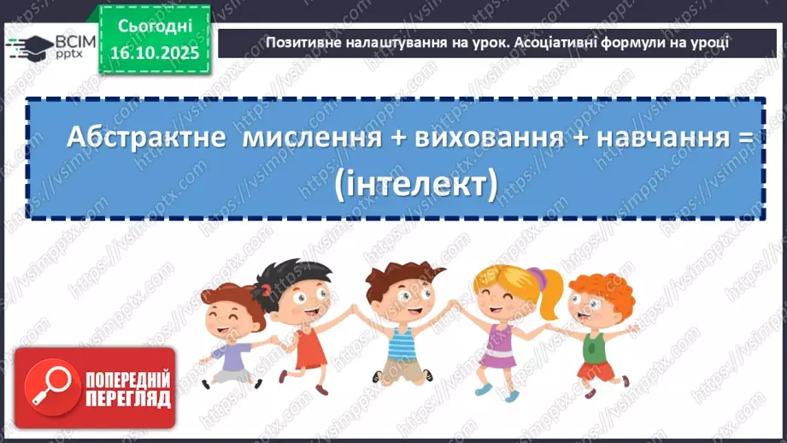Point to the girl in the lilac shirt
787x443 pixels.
pos(227,334)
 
